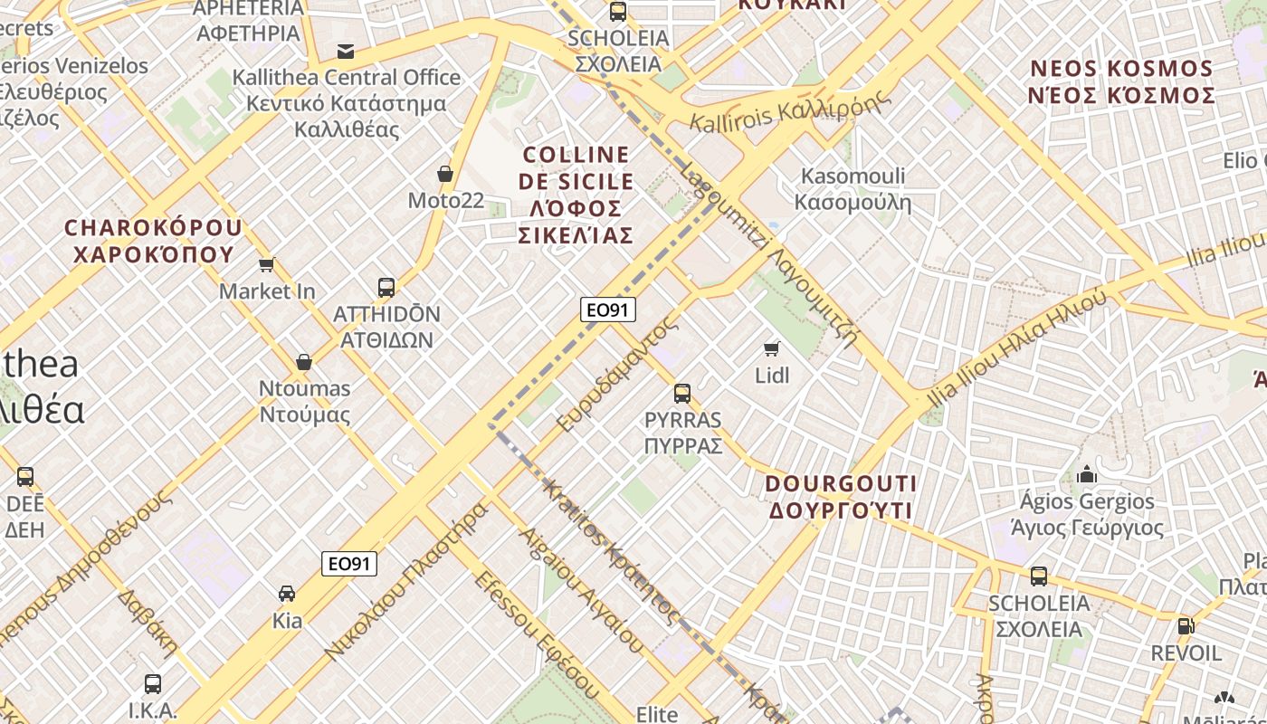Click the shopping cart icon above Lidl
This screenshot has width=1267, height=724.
[772, 348]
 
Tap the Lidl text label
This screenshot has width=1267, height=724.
[772, 375]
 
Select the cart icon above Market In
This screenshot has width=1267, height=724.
[266, 264]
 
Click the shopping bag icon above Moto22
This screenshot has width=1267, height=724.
[444, 173]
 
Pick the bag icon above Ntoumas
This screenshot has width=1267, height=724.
[304, 362]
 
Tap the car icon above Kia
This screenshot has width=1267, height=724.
[287, 594]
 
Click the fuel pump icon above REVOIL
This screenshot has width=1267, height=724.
[1186, 625]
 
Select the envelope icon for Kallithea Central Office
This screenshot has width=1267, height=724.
[346, 51]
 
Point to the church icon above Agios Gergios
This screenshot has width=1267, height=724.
[1087, 474]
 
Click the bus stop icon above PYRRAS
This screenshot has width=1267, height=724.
[682, 394]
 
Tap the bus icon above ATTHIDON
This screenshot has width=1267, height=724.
[386, 288]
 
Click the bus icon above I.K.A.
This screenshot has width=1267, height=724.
[153, 684]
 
